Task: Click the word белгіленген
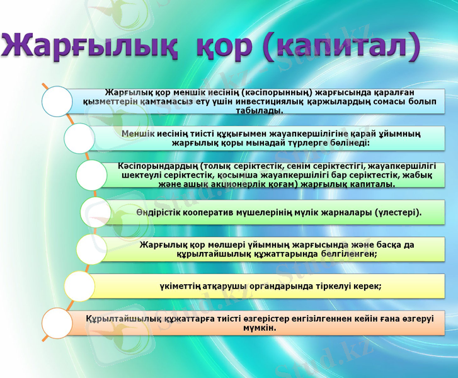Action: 343,253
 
